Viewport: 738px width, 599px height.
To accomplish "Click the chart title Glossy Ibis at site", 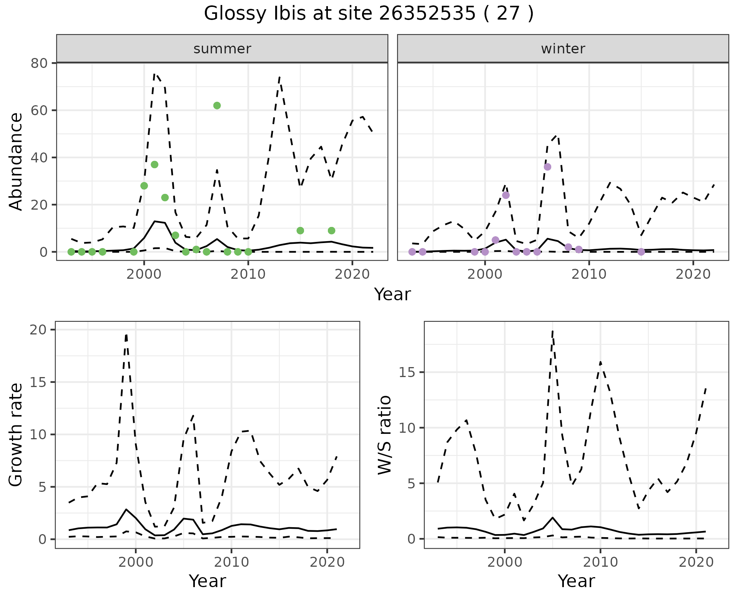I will (x=368, y=14).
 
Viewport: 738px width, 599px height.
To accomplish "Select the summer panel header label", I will (x=222, y=49).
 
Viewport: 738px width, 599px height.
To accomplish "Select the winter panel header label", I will (x=563, y=49).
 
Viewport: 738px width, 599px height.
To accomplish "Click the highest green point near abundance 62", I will (x=217, y=106).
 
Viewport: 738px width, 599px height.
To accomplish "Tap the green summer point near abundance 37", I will (x=155, y=164).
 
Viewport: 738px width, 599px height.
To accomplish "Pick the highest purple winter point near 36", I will (x=547, y=167).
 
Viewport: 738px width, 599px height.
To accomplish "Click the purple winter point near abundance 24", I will (x=506, y=195).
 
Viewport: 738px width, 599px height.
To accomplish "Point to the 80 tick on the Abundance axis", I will (x=38, y=63).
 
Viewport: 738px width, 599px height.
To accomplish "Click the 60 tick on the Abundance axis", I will (x=38, y=110).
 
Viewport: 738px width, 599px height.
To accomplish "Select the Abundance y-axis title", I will (x=16, y=161).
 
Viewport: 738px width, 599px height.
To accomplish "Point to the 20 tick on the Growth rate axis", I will (x=37, y=330).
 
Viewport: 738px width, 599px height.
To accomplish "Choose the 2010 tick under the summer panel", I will (x=248, y=274).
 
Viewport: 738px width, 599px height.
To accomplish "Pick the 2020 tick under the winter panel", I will (x=693, y=274).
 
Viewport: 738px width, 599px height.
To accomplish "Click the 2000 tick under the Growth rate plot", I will (x=136, y=562).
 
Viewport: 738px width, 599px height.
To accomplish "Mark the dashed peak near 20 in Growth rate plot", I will (x=126, y=335).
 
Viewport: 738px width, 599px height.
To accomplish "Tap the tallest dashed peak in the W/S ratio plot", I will (x=552, y=331).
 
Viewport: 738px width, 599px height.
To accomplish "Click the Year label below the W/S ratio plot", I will (x=576, y=581).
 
